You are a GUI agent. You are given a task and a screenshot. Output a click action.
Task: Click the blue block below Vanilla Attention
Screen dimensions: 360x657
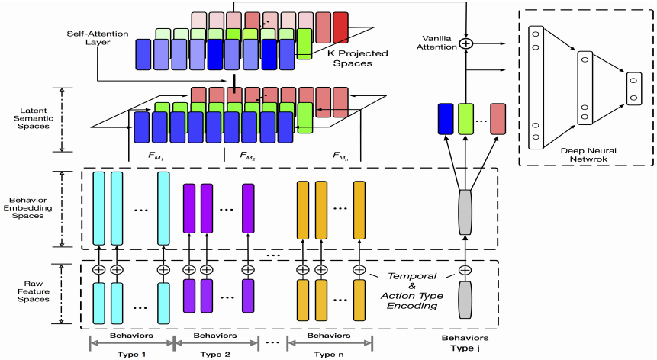[x=446, y=120]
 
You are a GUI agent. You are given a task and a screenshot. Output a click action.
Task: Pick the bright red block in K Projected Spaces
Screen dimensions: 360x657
[x=340, y=27]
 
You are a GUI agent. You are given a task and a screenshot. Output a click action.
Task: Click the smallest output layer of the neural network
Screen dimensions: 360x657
[x=633, y=87]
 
